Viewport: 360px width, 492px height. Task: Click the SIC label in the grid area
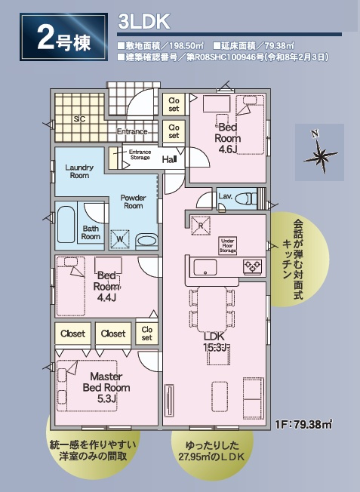click(x=79, y=118)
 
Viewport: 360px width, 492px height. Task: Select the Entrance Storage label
click(x=140, y=155)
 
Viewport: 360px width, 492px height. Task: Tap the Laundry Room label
click(x=79, y=171)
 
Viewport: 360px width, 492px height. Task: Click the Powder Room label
click(x=133, y=201)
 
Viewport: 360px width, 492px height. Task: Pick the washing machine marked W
click(x=118, y=239)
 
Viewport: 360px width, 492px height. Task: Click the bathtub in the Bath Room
click(x=65, y=225)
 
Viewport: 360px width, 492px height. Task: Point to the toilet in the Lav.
click(x=247, y=199)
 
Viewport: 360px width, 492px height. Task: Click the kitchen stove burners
click(x=251, y=266)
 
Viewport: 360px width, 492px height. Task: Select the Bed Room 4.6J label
click(x=228, y=138)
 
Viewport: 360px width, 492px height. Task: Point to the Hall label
click(x=169, y=159)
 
